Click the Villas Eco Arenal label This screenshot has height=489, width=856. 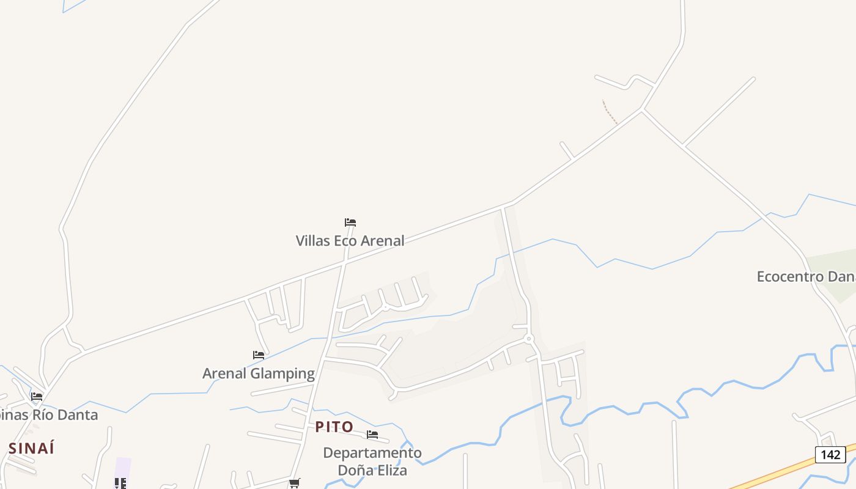click(x=350, y=241)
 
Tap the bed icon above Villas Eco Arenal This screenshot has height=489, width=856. click(x=350, y=222)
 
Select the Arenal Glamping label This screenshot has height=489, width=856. click(x=259, y=373)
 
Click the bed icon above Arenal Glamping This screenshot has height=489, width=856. click(x=259, y=355)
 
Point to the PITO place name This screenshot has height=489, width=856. click(x=334, y=427)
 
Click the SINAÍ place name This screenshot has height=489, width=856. click(x=32, y=448)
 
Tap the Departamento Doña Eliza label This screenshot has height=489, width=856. click(x=372, y=461)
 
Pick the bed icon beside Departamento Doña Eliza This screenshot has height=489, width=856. click(x=372, y=435)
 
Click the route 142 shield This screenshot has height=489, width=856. click(x=830, y=455)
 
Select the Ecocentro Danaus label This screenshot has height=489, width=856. click(x=806, y=276)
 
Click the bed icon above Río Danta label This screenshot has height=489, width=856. click(x=37, y=397)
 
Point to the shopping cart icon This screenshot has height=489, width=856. click(x=294, y=483)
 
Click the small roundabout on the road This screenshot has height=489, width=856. click(x=529, y=338)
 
